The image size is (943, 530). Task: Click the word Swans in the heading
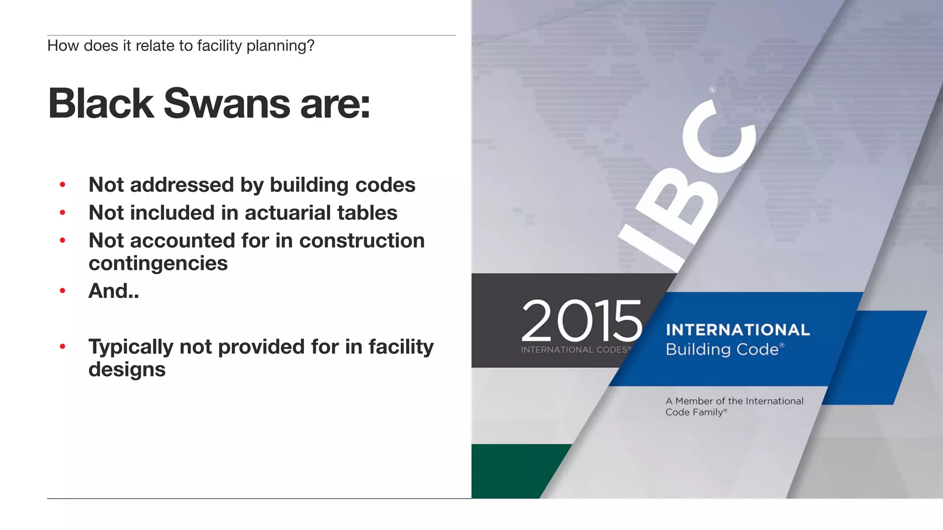227,104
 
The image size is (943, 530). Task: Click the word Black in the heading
101,104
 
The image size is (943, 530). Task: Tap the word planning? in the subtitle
280,46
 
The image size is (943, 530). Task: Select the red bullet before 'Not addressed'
63,185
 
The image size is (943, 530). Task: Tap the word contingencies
158,264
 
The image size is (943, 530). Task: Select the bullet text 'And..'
113,291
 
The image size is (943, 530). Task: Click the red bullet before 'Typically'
63,346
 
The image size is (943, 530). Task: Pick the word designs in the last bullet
127,369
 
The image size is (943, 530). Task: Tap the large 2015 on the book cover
581,320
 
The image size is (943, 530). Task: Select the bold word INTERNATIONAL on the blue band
738,330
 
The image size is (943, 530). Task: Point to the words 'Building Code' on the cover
722,349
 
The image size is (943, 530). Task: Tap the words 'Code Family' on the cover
694,412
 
